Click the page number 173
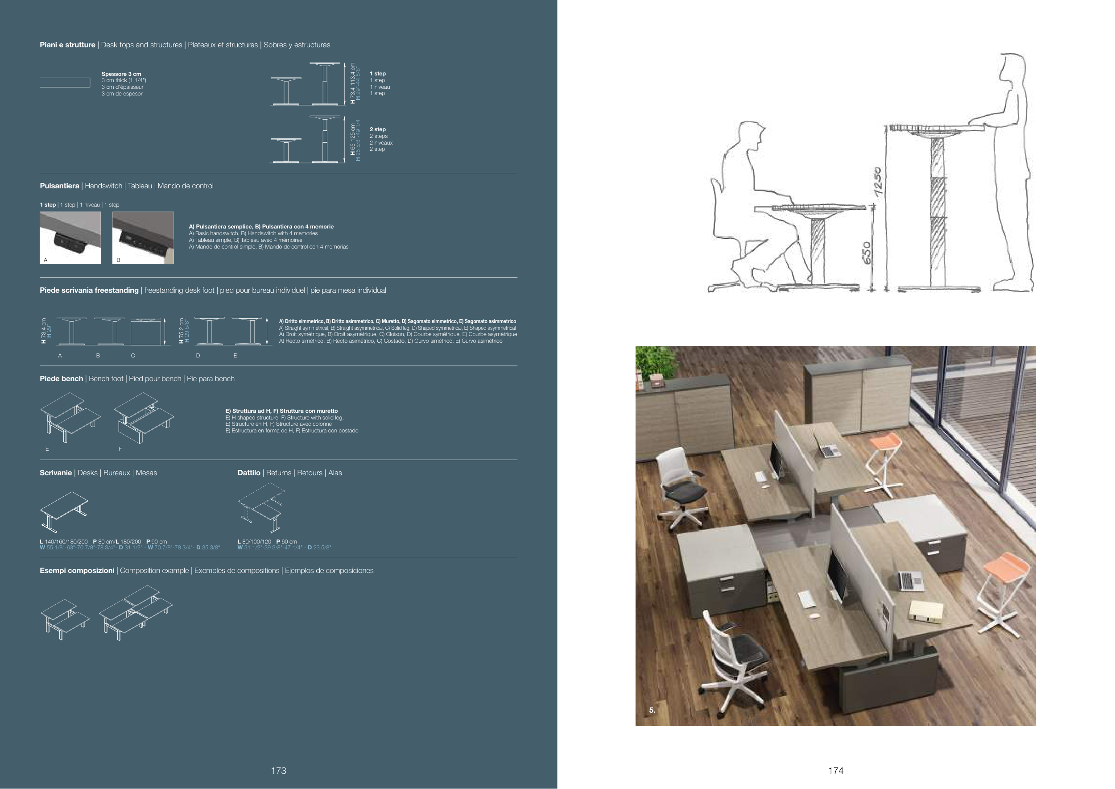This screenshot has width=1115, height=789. click(279, 770)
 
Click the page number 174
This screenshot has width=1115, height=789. click(836, 770)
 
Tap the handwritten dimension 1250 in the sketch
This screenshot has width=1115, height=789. click(878, 182)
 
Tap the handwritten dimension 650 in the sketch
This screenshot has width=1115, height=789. click(868, 253)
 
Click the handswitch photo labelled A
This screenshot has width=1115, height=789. click(70, 237)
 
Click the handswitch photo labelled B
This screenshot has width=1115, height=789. click(143, 237)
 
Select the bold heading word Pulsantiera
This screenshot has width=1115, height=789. click(59, 186)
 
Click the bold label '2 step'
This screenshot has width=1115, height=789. click(378, 129)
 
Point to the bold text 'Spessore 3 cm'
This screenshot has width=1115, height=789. click(121, 74)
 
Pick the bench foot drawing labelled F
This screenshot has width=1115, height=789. click(144, 418)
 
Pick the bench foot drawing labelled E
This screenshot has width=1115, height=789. click(70, 418)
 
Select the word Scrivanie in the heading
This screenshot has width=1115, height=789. click(56, 473)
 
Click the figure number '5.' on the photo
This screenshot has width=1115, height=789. click(652, 710)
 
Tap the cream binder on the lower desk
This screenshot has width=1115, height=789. click(926, 611)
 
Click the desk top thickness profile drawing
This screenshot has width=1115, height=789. click(65, 83)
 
